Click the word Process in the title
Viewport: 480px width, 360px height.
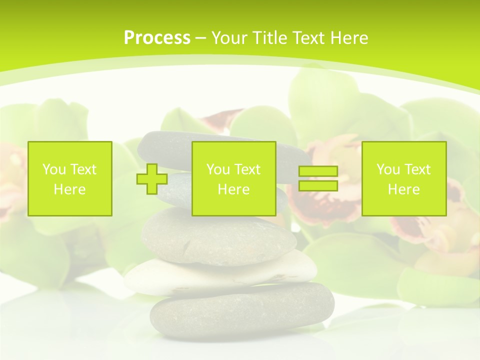[x=157, y=38]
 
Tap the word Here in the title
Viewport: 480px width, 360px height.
[x=350, y=38]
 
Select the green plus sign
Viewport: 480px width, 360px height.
[x=152, y=178]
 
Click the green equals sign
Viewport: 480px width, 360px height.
[x=318, y=178]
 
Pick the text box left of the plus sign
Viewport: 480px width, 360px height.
[x=70, y=178]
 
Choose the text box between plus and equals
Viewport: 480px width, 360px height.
[x=233, y=178]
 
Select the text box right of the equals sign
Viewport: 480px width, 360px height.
[x=404, y=178]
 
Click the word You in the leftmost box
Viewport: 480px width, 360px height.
[x=53, y=169]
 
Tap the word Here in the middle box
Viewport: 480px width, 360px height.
[x=233, y=189]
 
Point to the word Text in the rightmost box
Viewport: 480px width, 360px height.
[x=417, y=169]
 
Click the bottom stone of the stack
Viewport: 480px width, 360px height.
[x=242, y=310]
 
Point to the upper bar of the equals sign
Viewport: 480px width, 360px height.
[x=318, y=171]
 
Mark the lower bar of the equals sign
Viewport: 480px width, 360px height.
[x=318, y=185]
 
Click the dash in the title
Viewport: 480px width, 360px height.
[x=201, y=38]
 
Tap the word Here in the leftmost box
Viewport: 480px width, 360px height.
[x=70, y=189]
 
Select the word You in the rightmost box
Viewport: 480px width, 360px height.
[x=388, y=169]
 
